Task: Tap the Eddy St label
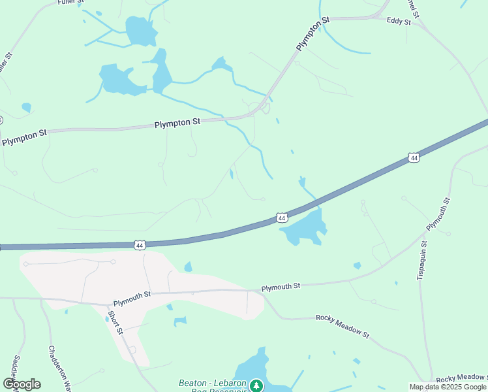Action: coord(398,22)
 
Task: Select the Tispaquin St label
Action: coord(421,261)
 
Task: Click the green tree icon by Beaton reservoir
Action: coord(257,385)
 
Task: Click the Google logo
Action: coord(22,384)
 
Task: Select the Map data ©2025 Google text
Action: coord(448,387)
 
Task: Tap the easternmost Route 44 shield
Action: coord(413,157)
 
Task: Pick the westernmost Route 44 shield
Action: coord(139,244)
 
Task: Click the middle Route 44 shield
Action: coord(281,217)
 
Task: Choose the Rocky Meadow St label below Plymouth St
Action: coord(342,325)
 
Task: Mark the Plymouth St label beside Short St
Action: coord(132,299)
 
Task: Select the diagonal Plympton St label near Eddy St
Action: coord(313,34)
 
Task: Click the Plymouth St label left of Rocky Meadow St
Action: coord(281,286)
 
